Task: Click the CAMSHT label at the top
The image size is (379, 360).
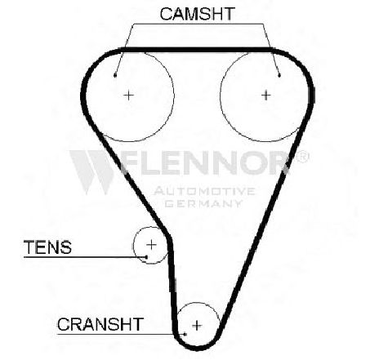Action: click(198, 14)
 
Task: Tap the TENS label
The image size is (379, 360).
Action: click(48, 247)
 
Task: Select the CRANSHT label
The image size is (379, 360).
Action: click(100, 324)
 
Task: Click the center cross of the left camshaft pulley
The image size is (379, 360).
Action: click(128, 96)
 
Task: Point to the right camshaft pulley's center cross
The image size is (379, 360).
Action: click(266, 96)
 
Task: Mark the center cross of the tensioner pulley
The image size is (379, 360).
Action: click(151, 245)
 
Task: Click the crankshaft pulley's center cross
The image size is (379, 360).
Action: click(197, 326)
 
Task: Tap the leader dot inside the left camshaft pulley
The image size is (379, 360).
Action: click(115, 75)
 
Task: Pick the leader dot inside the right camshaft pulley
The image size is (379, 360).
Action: click(279, 75)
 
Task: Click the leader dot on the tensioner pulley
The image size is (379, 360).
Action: click(146, 257)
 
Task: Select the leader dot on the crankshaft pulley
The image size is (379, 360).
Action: click(185, 334)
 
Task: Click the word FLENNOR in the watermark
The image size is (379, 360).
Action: click(206, 163)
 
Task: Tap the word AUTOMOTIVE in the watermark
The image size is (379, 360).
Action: click(204, 191)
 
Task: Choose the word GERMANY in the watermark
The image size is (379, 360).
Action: click(203, 203)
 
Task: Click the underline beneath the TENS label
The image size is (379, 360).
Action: click(85, 257)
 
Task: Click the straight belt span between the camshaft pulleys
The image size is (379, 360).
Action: click(197, 50)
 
